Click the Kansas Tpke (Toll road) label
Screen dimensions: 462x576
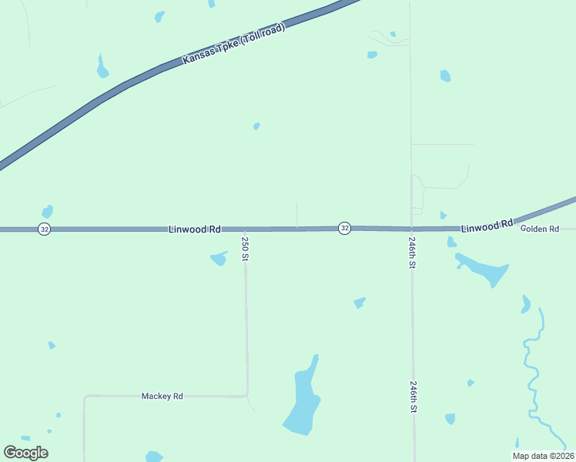[x=234, y=44]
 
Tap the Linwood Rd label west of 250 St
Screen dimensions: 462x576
[x=195, y=229]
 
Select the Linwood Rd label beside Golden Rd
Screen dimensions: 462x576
[x=487, y=226]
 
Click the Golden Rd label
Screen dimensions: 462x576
[x=539, y=229]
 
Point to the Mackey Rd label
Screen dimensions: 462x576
[x=162, y=396]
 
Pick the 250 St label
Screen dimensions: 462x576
[x=245, y=249]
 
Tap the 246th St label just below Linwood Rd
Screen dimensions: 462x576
[x=412, y=252]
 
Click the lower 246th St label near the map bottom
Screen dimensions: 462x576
[x=414, y=397]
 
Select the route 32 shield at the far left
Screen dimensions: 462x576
[x=45, y=229]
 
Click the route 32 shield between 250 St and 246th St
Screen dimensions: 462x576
[x=344, y=229]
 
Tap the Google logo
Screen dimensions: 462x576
[x=26, y=453]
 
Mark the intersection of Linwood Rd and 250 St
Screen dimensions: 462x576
[x=245, y=229]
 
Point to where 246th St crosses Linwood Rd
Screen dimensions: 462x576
[x=411, y=229]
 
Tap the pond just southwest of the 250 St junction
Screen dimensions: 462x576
[x=219, y=259]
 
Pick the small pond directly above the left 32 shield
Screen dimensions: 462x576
[x=48, y=211]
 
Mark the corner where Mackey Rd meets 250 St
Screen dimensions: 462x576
[x=246, y=395]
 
